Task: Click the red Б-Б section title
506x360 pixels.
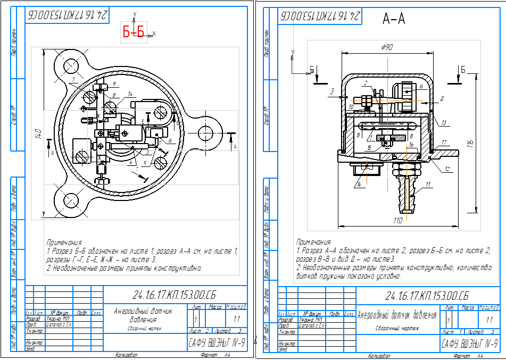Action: tap(134, 34)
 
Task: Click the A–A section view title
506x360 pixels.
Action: tap(394, 20)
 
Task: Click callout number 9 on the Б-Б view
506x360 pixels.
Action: tap(114, 84)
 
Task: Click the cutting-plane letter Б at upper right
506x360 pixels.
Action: tap(463, 70)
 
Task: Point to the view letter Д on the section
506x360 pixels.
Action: tap(442, 98)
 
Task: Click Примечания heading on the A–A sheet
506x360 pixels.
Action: tap(313, 242)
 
